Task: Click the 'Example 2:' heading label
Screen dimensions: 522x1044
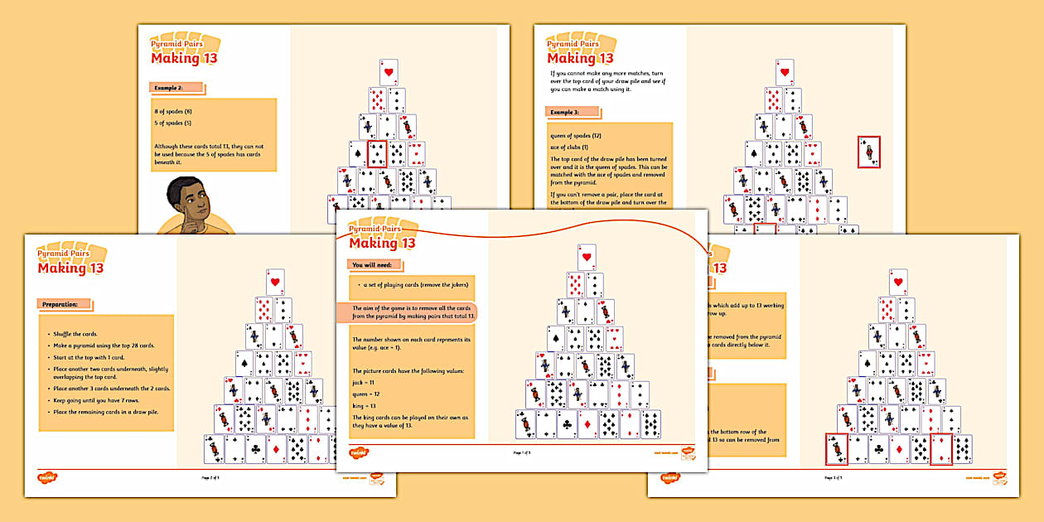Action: (176, 87)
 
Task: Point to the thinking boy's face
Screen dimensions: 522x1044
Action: (184, 197)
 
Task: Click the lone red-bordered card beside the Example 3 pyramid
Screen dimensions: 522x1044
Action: (868, 152)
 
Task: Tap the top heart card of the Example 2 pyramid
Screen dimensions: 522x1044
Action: (389, 71)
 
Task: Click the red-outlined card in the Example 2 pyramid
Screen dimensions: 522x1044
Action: (376, 154)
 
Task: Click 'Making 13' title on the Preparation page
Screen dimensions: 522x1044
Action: (70, 268)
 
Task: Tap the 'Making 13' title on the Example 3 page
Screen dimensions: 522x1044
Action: (580, 58)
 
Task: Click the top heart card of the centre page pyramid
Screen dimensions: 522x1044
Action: (587, 256)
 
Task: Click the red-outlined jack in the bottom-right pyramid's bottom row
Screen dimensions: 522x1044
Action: (836, 448)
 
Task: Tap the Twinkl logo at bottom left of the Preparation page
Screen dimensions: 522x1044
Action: (47, 477)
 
